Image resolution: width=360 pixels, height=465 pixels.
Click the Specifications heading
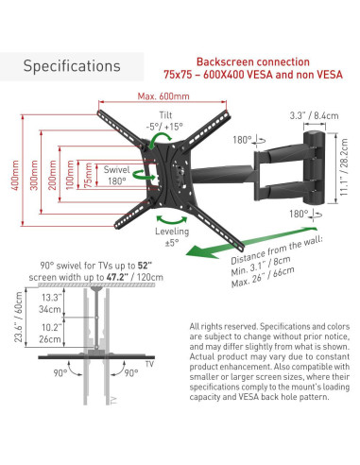[72, 66]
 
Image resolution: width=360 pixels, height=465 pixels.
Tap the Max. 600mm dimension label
[163, 96]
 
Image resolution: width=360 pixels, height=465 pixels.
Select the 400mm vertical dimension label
[15, 175]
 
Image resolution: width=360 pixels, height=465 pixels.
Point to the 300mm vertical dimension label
[34, 175]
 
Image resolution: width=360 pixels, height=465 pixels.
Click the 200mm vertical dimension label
[52, 175]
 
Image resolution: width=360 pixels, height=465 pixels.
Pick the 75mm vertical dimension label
[88, 176]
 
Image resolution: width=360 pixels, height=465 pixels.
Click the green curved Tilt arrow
[160, 140]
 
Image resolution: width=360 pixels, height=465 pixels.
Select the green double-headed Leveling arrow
[172, 220]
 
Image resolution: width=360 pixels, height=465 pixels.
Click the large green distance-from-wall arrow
[251, 242]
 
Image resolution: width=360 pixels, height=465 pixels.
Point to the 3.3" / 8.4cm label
[314, 115]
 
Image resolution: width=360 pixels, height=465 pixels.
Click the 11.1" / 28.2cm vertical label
[344, 167]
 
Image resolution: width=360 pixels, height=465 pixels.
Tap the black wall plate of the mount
[313, 167]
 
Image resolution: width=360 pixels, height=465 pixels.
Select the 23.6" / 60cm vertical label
[19, 317]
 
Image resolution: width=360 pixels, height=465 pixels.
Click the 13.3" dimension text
[52, 298]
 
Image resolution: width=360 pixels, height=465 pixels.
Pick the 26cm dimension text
[50, 339]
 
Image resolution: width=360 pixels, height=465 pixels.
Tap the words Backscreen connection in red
[253, 61]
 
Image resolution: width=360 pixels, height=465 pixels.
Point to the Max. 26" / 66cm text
[263, 278]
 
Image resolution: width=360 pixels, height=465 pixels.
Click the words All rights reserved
[223, 326]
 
